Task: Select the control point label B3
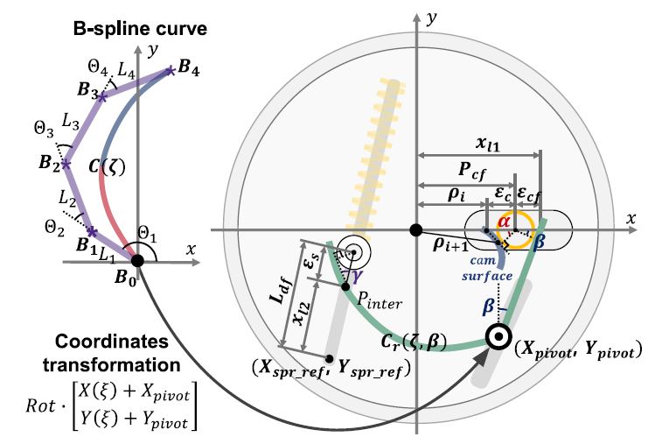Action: (x=88, y=90)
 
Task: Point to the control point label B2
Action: (x=49, y=162)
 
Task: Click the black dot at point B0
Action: (x=137, y=260)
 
